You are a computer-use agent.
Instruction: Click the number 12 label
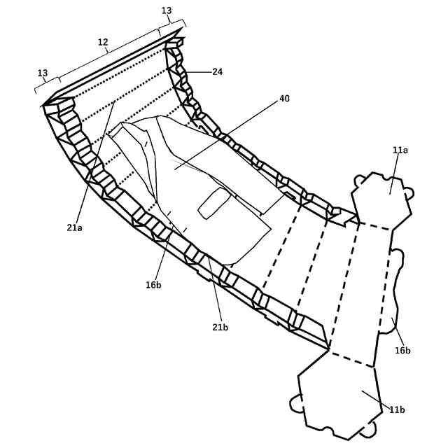[x=103, y=42]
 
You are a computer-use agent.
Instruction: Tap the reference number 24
[x=217, y=71]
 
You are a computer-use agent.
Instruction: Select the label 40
[x=284, y=99]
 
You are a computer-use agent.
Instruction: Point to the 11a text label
[x=400, y=150]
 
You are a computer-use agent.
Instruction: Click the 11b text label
[x=396, y=409]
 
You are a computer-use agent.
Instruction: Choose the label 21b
[x=220, y=327]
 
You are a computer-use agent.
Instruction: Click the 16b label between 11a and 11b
[x=402, y=350]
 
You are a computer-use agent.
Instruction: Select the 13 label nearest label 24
[x=167, y=10]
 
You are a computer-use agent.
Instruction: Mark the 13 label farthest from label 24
[x=43, y=73]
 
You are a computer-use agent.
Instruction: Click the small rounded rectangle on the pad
[x=213, y=203]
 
